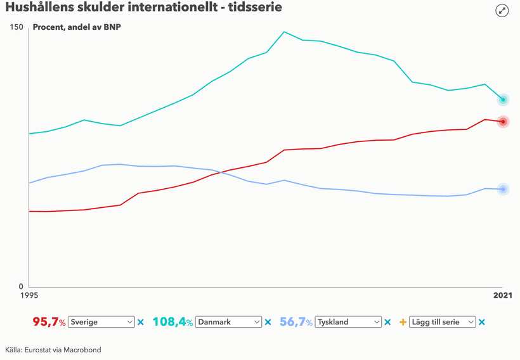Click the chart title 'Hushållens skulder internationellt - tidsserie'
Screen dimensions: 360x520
[143, 8]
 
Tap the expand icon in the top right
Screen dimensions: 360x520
[502, 10]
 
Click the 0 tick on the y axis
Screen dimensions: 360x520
[20, 286]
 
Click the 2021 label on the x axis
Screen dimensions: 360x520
[503, 295]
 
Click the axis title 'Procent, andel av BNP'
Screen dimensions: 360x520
[76, 28]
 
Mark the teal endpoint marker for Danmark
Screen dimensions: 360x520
[503, 100]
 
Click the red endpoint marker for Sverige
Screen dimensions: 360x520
[503, 122]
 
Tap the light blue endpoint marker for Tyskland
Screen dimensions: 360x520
[503, 189]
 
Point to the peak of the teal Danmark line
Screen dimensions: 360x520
[284, 32]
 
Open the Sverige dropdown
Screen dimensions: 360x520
[101, 322]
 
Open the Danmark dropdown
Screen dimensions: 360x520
[228, 322]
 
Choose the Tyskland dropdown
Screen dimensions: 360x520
[348, 322]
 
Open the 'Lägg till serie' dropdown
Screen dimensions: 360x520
[443, 322]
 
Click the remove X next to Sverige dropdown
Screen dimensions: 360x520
[141, 322]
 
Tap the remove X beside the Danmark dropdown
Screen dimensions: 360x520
[268, 322]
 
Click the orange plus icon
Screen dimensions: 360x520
[403, 322]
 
